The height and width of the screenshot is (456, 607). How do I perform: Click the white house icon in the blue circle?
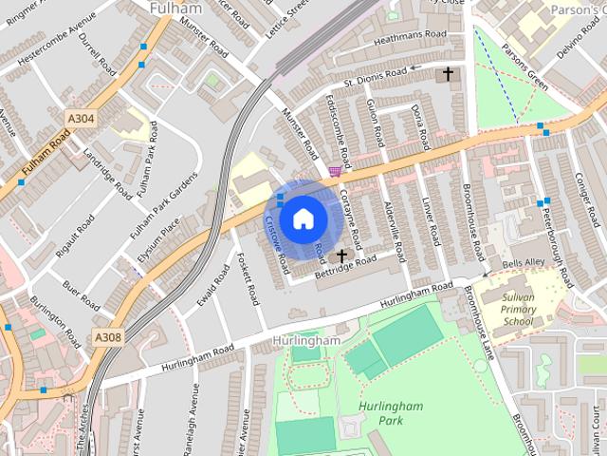click(x=303, y=219)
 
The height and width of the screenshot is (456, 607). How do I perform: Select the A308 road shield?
click(x=107, y=336)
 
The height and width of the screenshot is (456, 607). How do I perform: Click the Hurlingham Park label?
click(x=390, y=413)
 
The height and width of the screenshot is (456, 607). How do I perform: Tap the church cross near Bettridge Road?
click(x=341, y=256)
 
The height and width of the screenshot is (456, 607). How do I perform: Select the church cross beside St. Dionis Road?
click(x=448, y=73)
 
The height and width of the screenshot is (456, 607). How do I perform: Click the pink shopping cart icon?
click(x=334, y=171)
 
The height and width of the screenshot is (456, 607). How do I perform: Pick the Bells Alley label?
click(x=524, y=262)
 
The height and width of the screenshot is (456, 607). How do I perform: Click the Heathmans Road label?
click(x=409, y=35)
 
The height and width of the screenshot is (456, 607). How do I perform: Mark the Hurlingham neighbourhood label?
click(x=305, y=340)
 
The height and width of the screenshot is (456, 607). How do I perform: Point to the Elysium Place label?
click(x=157, y=243)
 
